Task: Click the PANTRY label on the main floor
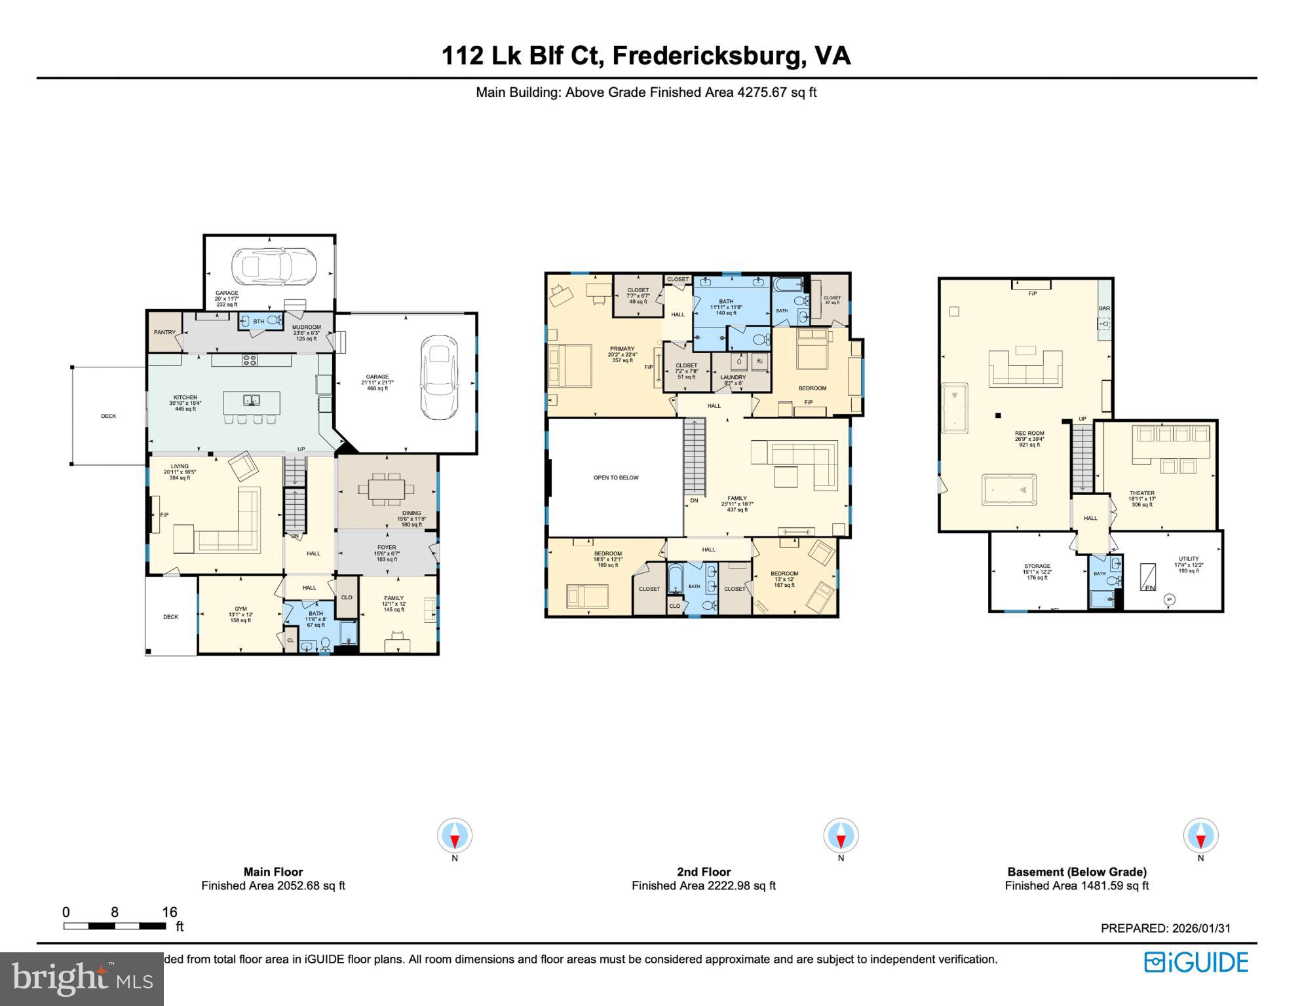pyautogui.click(x=164, y=333)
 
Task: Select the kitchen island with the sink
pyautogui.click(x=252, y=401)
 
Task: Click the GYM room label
pyautogui.click(x=240, y=609)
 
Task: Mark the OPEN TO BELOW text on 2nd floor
pyautogui.click(x=615, y=478)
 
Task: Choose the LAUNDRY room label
pyautogui.click(x=733, y=377)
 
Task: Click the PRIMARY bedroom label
pyautogui.click(x=622, y=349)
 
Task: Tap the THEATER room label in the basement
pyautogui.click(x=1141, y=493)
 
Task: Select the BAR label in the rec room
pyautogui.click(x=1104, y=308)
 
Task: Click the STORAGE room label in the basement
pyautogui.click(x=1037, y=566)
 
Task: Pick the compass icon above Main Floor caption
pyautogui.click(x=455, y=836)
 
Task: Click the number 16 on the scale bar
pyautogui.click(x=169, y=912)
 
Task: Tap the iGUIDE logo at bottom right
pyautogui.click(x=1196, y=962)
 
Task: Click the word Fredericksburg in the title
pyautogui.click(x=708, y=56)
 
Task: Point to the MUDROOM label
pyautogui.click(x=306, y=327)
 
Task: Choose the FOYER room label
pyautogui.click(x=387, y=548)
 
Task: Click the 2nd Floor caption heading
pyautogui.click(x=703, y=872)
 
